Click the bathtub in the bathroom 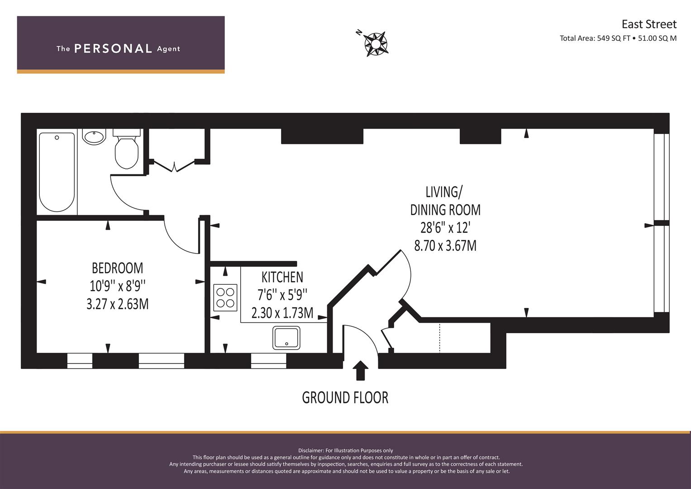57,172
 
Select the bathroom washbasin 95,136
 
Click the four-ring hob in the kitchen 225,297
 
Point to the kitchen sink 286,338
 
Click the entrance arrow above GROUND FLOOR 360,370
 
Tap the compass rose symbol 376,44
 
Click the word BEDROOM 118,268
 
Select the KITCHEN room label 282,277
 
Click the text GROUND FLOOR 345,398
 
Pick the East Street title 649,24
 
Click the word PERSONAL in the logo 113,48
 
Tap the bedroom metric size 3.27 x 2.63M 118,304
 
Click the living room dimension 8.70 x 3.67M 445,246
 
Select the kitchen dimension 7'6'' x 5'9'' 282,295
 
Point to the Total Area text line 618,38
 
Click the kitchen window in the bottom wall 269,360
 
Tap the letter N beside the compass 359,32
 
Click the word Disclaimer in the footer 310,451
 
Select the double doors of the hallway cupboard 174,166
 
